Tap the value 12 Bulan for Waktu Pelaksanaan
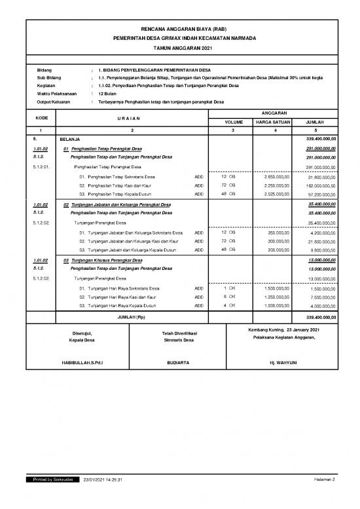pyautogui.click(x=108, y=94)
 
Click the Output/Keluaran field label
pyautogui.click(x=54, y=102)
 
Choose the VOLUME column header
pyautogui.click(x=234, y=122)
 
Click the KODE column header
pyautogui.click(x=41, y=117)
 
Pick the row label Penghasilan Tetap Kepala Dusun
pyautogui.click(x=121, y=195)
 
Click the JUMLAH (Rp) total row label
pyautogui.click(x=132, y=317)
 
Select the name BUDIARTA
pyautogui.click(x=178, y=362)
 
